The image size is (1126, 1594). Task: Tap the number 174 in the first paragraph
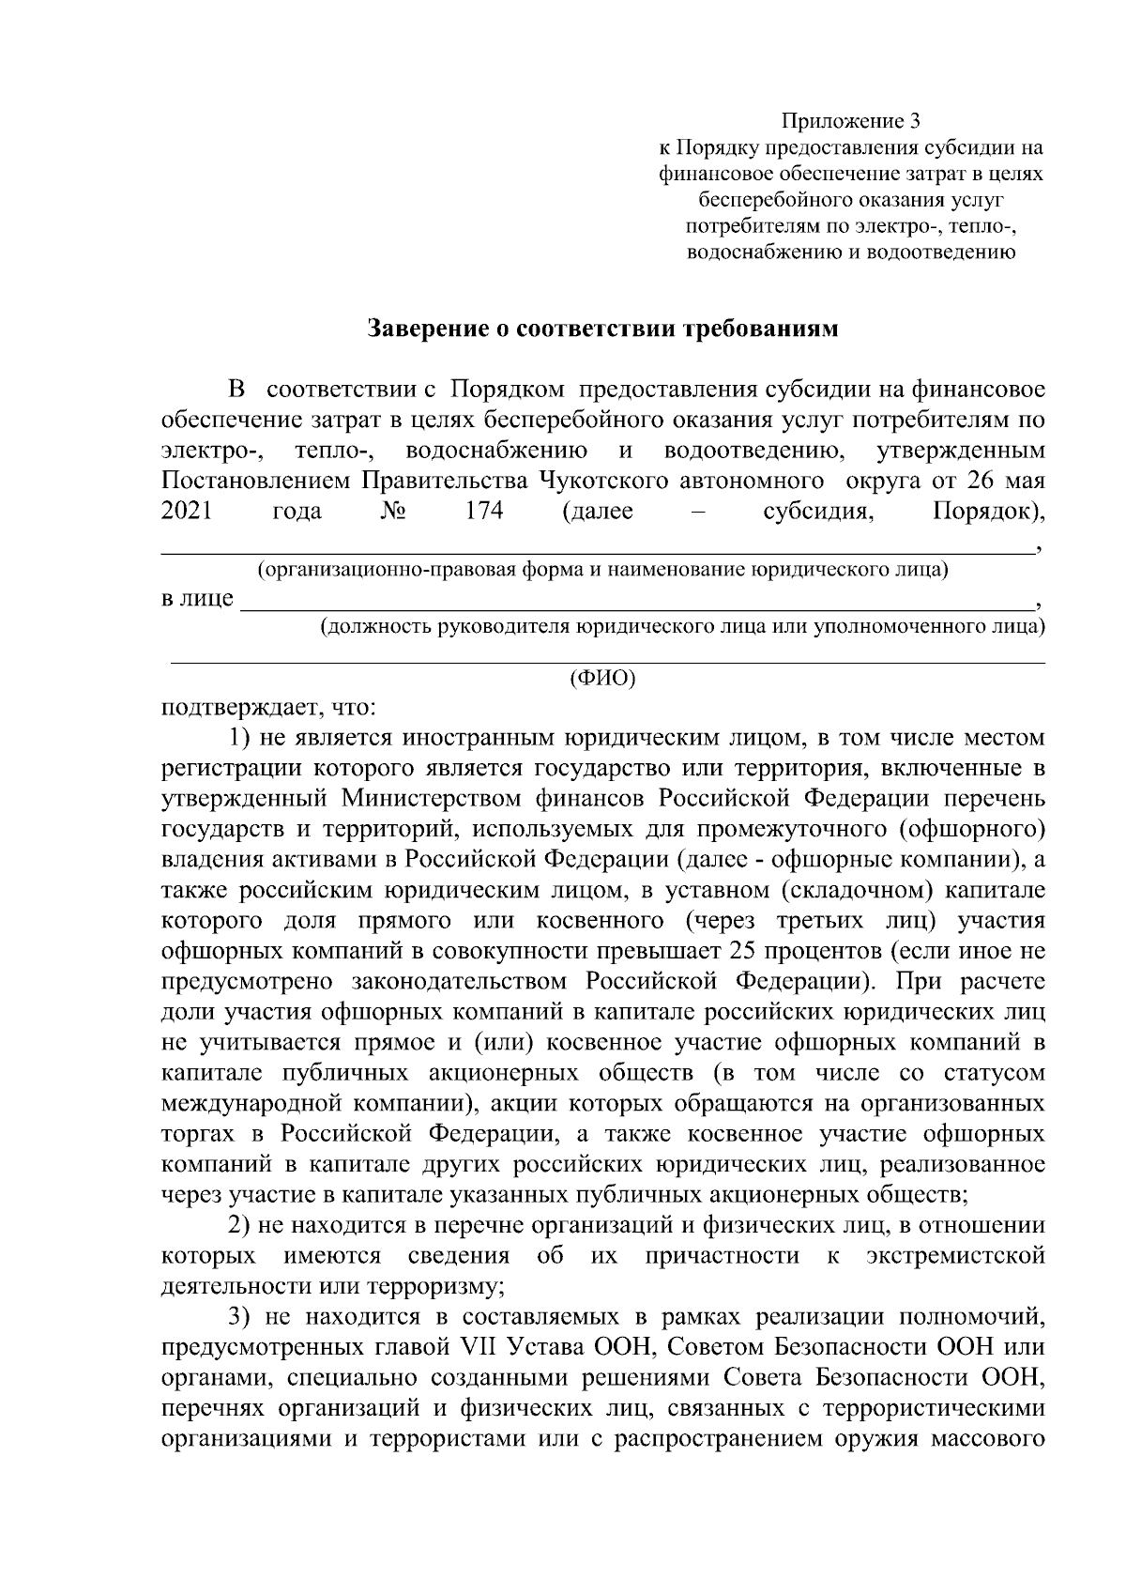[x=484, y=512]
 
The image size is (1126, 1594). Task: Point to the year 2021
[x=187, y=512]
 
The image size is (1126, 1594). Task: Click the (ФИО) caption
[x=603, y=679]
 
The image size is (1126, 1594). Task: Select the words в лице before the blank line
[x=197, y=599]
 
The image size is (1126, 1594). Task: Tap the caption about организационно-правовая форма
[x=602, y=569]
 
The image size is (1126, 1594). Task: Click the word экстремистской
[x=955, y=1256]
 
